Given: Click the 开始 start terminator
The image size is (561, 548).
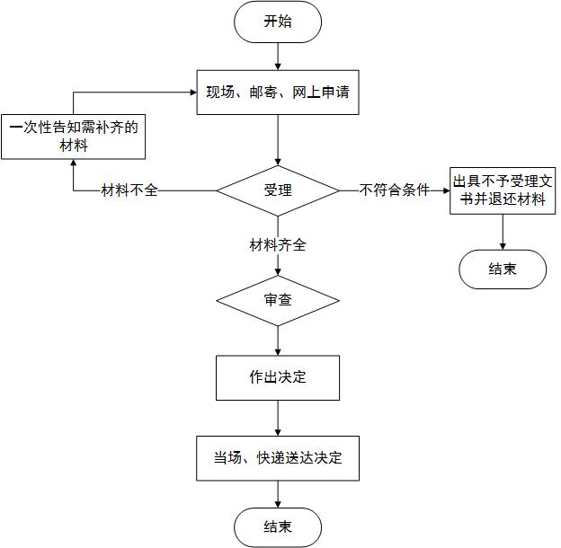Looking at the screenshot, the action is (278, 22).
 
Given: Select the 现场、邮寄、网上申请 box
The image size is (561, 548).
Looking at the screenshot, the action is (278, 93).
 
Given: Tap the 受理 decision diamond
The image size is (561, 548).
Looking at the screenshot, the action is (278, 190).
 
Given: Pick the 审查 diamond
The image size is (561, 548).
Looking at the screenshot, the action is (278, 300).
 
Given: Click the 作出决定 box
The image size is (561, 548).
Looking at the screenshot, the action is (278, 377).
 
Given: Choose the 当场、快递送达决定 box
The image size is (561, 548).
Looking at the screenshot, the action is (278, 458).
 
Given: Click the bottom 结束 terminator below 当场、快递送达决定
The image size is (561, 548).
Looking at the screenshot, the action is (278, 527).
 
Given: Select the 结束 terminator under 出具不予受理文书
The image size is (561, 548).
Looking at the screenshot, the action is (503, 270).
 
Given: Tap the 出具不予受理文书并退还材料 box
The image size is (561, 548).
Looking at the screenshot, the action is (503, 190).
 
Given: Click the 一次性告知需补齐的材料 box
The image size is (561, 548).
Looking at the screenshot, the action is (74, 137).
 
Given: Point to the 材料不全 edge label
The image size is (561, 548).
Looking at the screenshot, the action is (129, 190).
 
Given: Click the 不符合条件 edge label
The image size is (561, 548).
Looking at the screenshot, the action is (395, 190).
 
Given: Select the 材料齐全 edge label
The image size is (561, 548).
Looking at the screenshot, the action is (278, 245).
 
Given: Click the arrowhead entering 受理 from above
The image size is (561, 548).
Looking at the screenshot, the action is (278, 162).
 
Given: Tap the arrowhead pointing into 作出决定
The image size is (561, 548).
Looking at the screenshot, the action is (278, 352).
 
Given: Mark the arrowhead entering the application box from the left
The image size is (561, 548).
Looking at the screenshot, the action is (193, 93).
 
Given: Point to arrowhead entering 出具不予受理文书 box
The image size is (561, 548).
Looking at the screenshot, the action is (447, 190).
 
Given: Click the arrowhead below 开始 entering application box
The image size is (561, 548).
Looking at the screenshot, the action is (278, 66).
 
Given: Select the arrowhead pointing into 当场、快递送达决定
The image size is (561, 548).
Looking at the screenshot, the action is (278, 432).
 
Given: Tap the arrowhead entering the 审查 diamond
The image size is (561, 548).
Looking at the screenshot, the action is (278, 272).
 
